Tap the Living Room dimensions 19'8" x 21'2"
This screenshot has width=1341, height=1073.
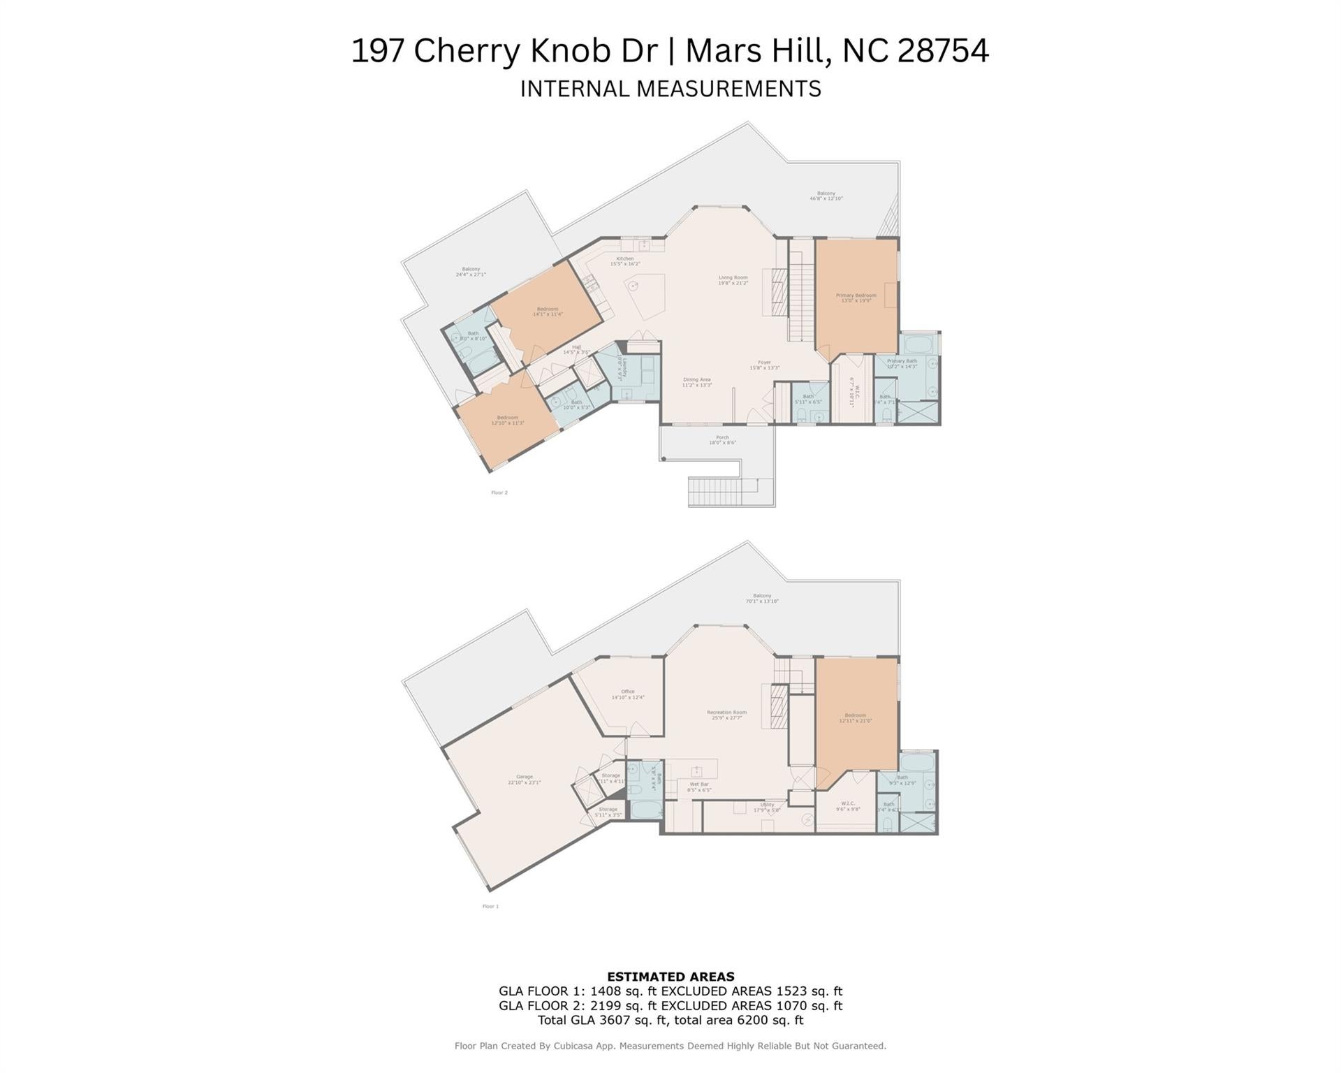click(x=733, y=283)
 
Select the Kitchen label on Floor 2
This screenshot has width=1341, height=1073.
click(x=624, y=258)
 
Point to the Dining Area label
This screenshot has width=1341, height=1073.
click(x=696, y=379)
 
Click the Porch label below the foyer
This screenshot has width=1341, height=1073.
click(x=722, y=437)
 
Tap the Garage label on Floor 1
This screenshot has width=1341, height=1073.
click(x=524, y=777)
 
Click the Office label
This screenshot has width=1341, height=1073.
click(x=627, y=692)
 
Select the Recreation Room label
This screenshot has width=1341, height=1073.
click(x=726, y=713)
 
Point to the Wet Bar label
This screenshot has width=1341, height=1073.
click(x=699, y=784)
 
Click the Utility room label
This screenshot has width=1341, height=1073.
click(x=767, y=805)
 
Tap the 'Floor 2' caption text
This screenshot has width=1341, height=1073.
click(x=499, y=492)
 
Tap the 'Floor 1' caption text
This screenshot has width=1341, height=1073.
click(x=490, y=906)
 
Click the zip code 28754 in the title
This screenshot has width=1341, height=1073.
click(x=943, y=51)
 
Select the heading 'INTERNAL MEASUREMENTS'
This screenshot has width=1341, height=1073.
click(x=670, y=89)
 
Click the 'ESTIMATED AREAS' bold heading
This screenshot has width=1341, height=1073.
click(x=670, y=977)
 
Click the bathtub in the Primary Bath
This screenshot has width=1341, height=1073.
click(x=918, y=345)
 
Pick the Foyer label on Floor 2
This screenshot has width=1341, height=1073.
click(x=764, y=363)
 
